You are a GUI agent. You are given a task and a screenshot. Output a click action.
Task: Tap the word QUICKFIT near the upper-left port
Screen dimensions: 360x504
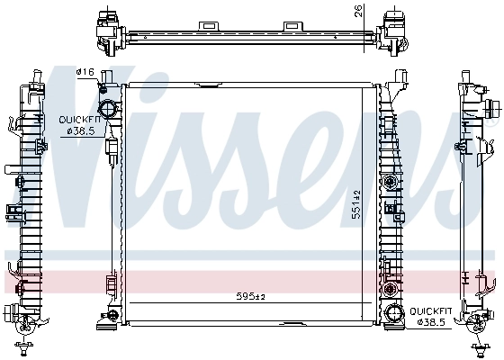click(78, 119)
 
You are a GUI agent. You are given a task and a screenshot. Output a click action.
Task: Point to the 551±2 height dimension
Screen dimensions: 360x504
click(357, 205)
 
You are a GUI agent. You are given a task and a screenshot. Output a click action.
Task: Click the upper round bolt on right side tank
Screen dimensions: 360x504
click(391, 184)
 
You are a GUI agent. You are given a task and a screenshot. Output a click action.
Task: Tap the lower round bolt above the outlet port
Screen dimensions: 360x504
click(391, 291)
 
